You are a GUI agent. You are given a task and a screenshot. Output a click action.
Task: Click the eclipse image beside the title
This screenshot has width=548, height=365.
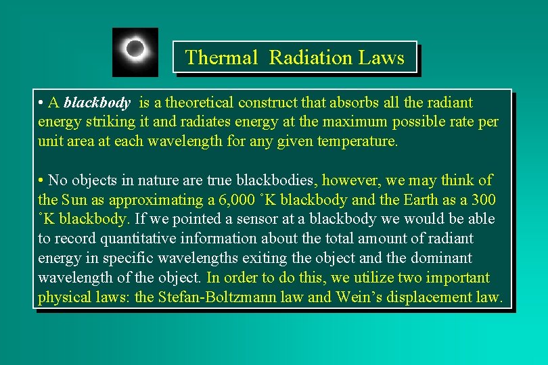click(135, 52)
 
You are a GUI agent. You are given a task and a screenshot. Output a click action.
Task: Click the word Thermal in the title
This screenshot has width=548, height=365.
click(221, 57)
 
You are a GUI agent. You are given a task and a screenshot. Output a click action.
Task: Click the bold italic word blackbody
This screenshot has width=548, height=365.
click(97, 103)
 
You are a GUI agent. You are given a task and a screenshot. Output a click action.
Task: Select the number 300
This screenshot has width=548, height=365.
click(484, 200)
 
